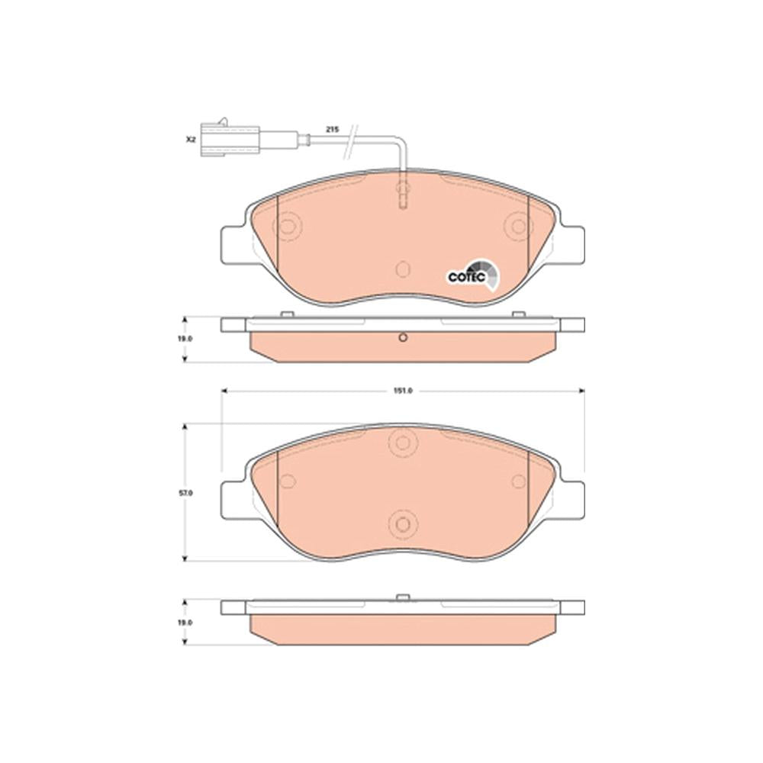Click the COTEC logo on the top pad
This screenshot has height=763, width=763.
474,275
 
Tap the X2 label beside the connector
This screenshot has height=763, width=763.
190,139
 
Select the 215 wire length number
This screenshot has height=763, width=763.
333,130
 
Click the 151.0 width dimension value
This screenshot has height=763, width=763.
404,391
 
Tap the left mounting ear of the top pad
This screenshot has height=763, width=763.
233,246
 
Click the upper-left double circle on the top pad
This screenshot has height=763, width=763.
288,227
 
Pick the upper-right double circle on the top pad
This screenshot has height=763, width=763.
519,227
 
